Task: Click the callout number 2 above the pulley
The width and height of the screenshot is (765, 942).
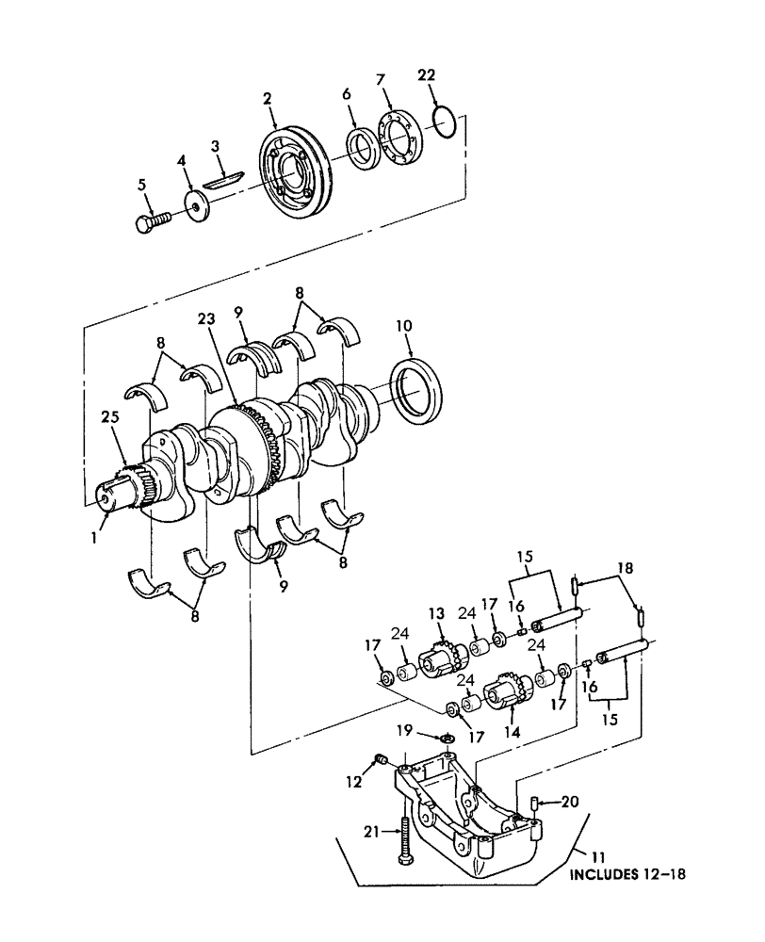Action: pos(268,99)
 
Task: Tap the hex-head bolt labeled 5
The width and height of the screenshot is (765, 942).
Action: pos(149,223)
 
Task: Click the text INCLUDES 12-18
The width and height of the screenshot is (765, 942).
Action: pos(627,873)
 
